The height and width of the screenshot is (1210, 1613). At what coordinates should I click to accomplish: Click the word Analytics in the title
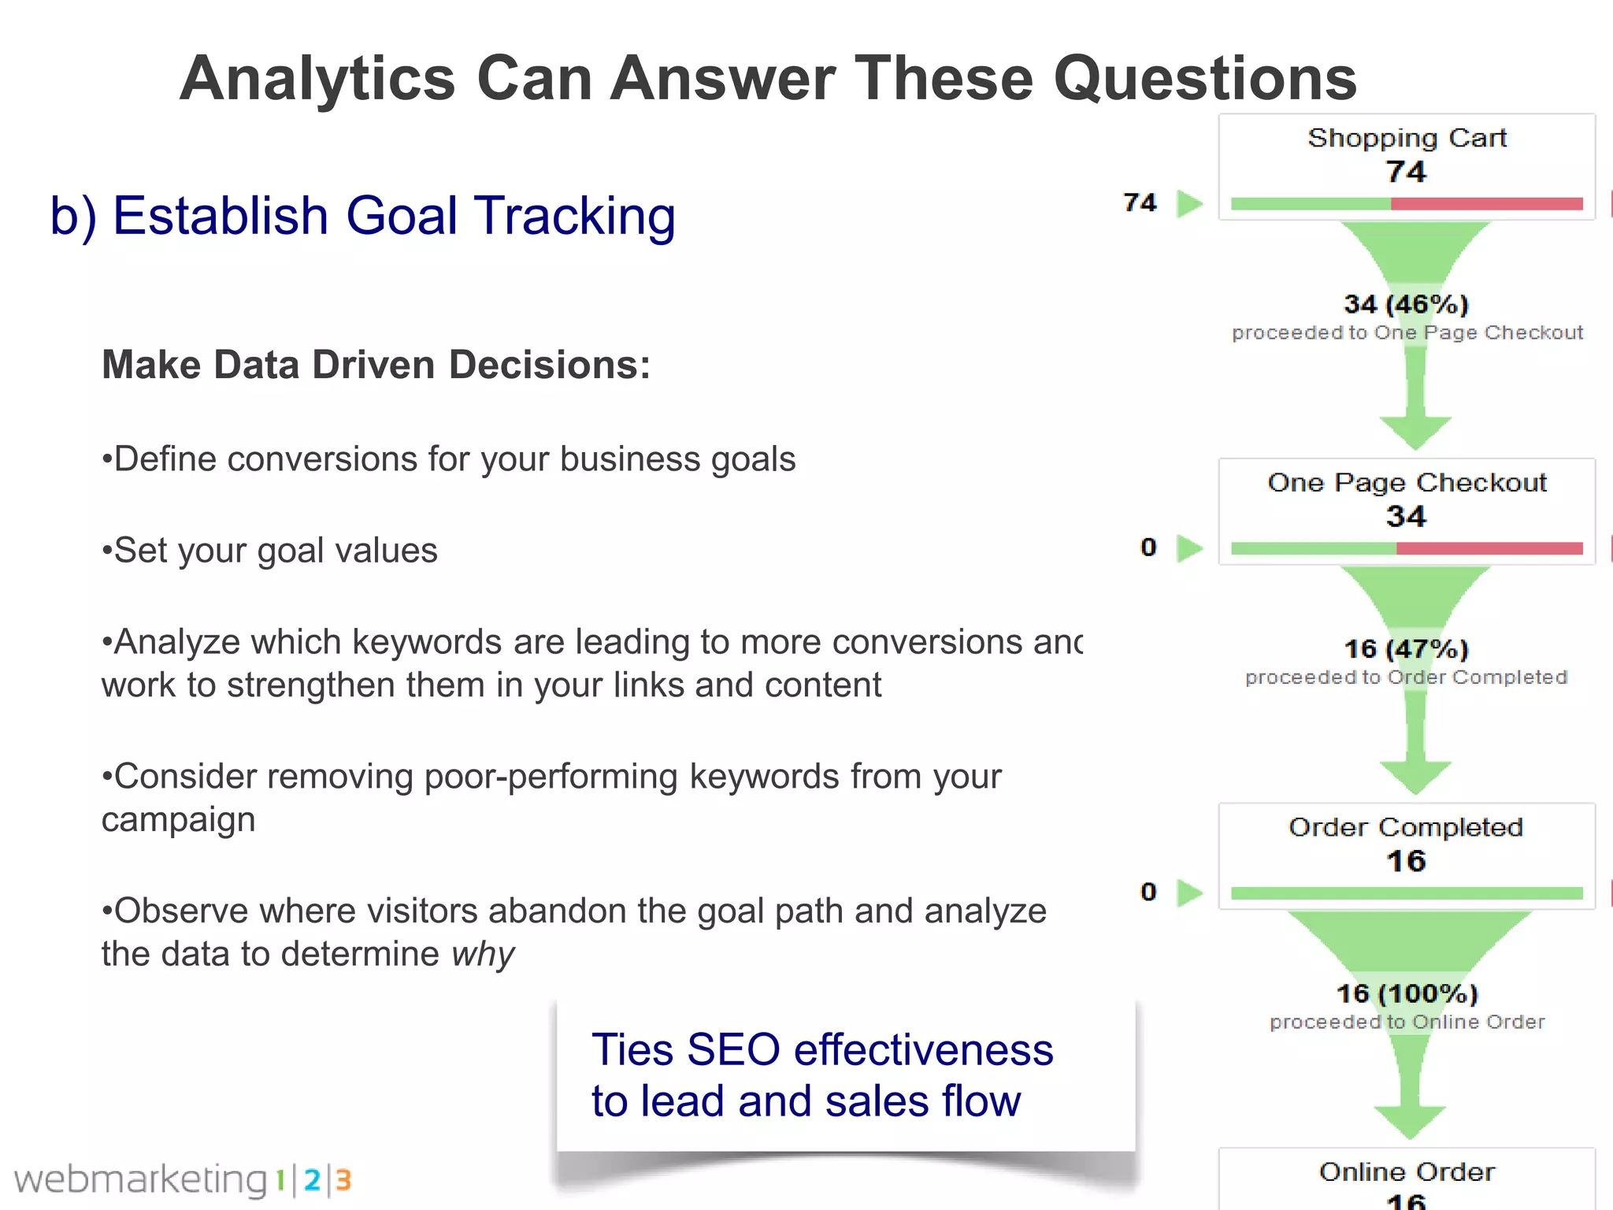point(317,79)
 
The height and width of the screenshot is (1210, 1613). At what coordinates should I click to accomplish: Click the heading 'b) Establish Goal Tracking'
point(362,216)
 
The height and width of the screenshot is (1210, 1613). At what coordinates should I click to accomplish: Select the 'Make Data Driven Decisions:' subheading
point(376,366)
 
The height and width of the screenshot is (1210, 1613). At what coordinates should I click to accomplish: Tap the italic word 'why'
point(483,954)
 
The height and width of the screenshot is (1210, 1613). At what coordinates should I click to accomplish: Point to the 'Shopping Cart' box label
point(1407,138)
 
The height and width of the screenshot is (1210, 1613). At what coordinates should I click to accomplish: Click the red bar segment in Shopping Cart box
point(1486,204)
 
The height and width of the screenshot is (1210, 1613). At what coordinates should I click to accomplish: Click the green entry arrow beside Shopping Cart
point(1189,203)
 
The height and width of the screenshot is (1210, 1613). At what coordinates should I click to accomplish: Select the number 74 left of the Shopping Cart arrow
point(1140,203)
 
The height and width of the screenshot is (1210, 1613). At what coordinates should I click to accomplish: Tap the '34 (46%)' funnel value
point(1406,304)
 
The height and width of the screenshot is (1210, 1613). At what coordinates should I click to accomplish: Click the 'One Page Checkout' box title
point(1407,482)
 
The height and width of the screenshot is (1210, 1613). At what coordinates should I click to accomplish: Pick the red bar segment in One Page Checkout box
point(1489,548)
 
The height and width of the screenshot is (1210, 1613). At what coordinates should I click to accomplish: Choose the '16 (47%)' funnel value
point(1406,649)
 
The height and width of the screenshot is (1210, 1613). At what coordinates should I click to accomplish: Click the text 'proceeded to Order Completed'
point(1406,677)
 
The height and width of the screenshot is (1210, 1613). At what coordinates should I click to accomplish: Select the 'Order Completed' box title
point(1406,827)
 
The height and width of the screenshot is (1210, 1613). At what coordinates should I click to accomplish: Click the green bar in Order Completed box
point(1407,893)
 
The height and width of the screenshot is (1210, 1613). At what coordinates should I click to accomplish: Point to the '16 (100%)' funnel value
point(1407,993)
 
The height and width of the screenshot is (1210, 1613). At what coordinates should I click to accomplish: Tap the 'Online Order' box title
point(1407,1172)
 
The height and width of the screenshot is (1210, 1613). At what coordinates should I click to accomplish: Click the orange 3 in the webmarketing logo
point(343,1180)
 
